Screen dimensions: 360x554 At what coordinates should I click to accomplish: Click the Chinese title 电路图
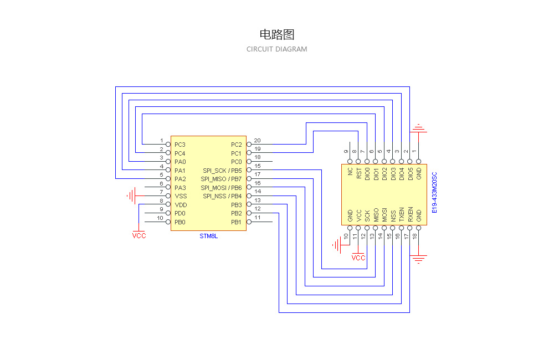276,34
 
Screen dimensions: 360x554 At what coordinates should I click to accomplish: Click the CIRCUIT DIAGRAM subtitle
276,49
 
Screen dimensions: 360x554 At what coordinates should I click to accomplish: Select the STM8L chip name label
209,236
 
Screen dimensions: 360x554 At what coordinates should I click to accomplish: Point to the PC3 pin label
179,145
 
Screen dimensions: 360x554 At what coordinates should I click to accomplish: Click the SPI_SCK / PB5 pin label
222,171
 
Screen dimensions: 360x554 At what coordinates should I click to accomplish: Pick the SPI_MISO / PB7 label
221,179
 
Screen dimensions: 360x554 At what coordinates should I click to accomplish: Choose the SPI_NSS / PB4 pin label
222,196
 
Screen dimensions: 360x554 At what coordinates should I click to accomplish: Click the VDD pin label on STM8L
180,205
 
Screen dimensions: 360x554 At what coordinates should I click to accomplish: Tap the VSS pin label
180,196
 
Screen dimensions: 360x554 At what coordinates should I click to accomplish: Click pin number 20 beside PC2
257,141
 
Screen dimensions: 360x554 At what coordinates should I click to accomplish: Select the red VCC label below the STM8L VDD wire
139,235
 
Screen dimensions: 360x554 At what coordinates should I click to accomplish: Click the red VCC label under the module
358,258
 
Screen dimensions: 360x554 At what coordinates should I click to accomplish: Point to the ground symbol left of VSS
131,196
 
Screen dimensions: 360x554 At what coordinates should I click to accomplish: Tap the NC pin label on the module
350,172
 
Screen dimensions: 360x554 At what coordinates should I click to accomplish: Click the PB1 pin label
237,222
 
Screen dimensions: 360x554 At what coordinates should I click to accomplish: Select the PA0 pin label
179,162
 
